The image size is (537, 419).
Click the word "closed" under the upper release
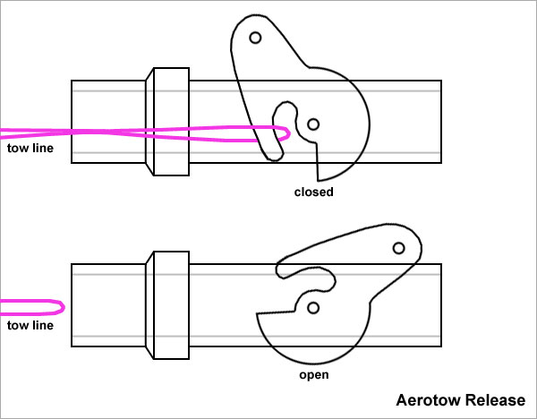(313, 192)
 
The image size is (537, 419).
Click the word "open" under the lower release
(315, 375)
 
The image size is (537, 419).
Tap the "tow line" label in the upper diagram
(30, 148)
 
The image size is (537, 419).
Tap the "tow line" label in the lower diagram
(30, 325)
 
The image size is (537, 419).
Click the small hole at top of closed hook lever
(255, 38)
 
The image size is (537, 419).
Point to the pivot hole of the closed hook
(313, 124)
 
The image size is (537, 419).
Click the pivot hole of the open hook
(313, 308)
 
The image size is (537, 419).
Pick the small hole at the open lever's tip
(399, 247)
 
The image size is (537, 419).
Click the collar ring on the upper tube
(167, 122)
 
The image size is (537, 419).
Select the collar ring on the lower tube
(167, 304)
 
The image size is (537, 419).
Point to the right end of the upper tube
(439, 122)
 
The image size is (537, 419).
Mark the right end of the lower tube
(439, 304)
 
